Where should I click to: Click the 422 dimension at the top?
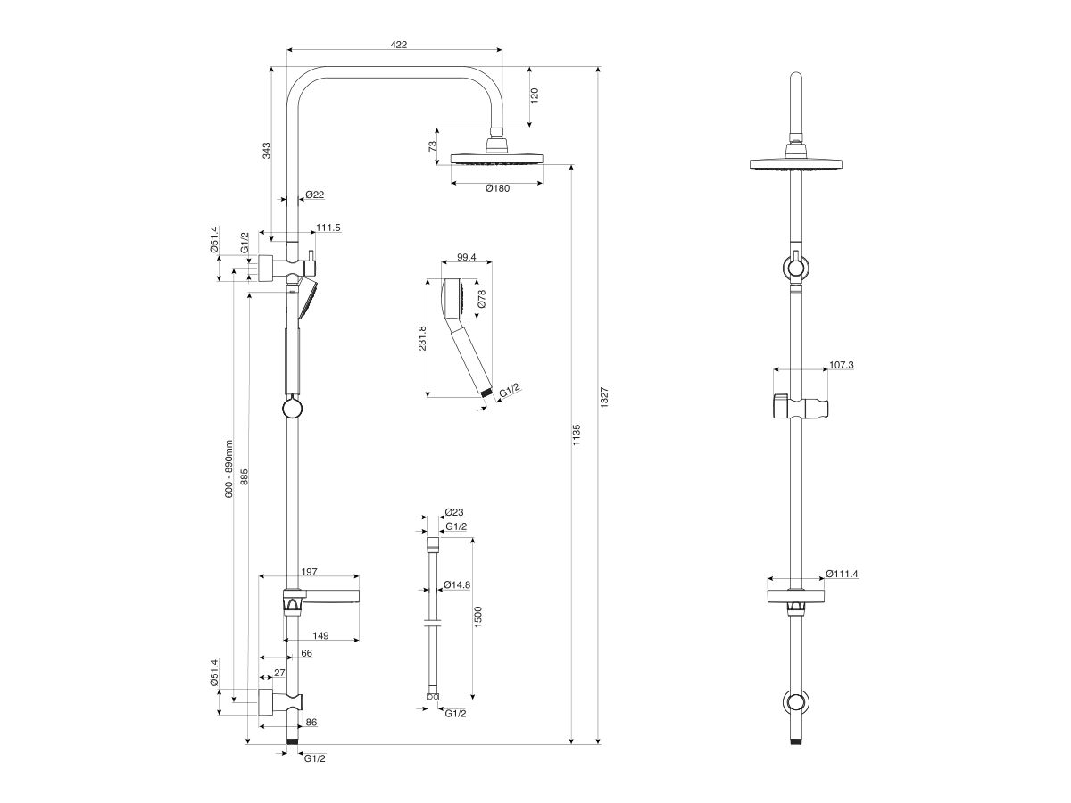coord(398,44)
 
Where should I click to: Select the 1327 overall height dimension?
coord(604,399)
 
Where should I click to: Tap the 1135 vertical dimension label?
coord(577,435)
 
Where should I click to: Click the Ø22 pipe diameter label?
coord(313,195)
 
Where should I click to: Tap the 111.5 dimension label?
coord(328,228)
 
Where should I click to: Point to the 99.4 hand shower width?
coord(466,257)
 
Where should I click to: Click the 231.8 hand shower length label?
coord(422,339)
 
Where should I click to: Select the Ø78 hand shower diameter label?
coord(482,299)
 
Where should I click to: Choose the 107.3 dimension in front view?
coord(842,365)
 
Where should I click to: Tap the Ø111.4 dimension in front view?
coord(842,574)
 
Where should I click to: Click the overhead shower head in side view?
coord(496,159)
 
